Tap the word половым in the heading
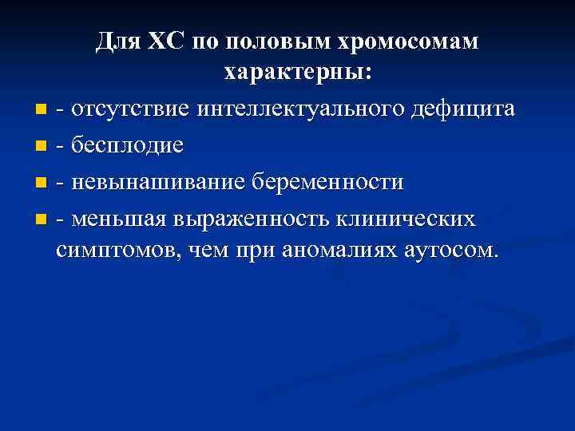pyautogui.click(x=267, y=42)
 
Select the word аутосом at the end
pyautogui.click(x=452, y=250)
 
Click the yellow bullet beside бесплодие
pyautogui.click(x=42, y=146)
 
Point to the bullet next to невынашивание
pyautogui.click(x=42, y=183)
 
